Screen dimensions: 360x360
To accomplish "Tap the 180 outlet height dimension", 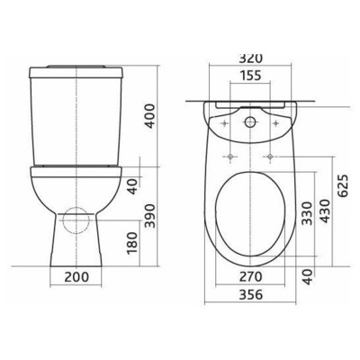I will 132,241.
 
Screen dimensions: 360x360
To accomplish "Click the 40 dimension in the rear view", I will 132,185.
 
